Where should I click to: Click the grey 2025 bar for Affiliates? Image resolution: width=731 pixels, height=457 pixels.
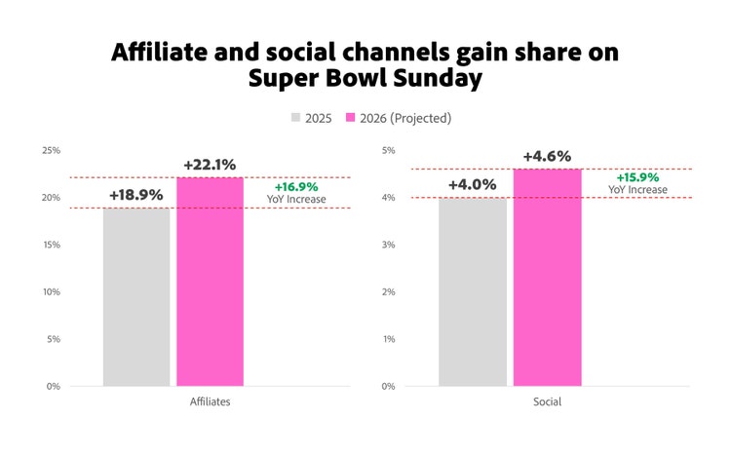tap(136, 297)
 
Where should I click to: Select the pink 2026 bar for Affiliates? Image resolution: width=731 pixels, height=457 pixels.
tap(210, 282)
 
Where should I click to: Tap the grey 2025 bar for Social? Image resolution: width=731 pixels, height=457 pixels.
tap(472, 292)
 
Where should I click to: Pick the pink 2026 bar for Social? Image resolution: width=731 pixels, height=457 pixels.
tap(547, 278)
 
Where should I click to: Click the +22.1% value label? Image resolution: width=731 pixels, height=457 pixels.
tap(210, 165)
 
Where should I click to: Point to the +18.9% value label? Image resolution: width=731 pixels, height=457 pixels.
tap(136, 195)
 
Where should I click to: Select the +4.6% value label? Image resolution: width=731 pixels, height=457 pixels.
tap(547, 156)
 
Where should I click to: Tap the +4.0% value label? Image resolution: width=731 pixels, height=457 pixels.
tap(472, 185)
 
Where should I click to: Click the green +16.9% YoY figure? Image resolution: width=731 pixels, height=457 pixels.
tap(296, 187)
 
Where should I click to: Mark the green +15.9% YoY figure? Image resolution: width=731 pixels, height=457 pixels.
tap(637, 177)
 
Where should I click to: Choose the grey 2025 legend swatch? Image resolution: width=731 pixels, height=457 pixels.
tap(296, 118)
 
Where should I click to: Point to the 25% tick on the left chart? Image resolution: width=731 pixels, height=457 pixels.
tap(51, 150)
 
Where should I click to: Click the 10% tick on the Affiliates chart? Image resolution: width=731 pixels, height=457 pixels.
tap(51, 292)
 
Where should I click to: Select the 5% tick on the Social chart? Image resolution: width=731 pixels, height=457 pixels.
tap(386, 150)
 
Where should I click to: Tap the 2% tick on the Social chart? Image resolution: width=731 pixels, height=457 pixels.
tap(386, 292)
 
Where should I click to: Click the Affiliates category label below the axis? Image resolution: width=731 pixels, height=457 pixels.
tap(210, 402)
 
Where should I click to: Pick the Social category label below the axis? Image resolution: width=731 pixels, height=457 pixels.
tap(547, 402)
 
